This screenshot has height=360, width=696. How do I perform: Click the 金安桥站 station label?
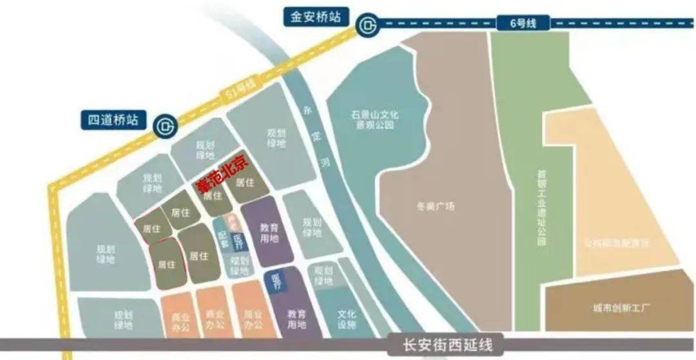316,17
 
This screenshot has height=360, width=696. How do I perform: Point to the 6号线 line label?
523,24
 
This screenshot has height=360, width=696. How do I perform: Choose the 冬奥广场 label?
440,207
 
